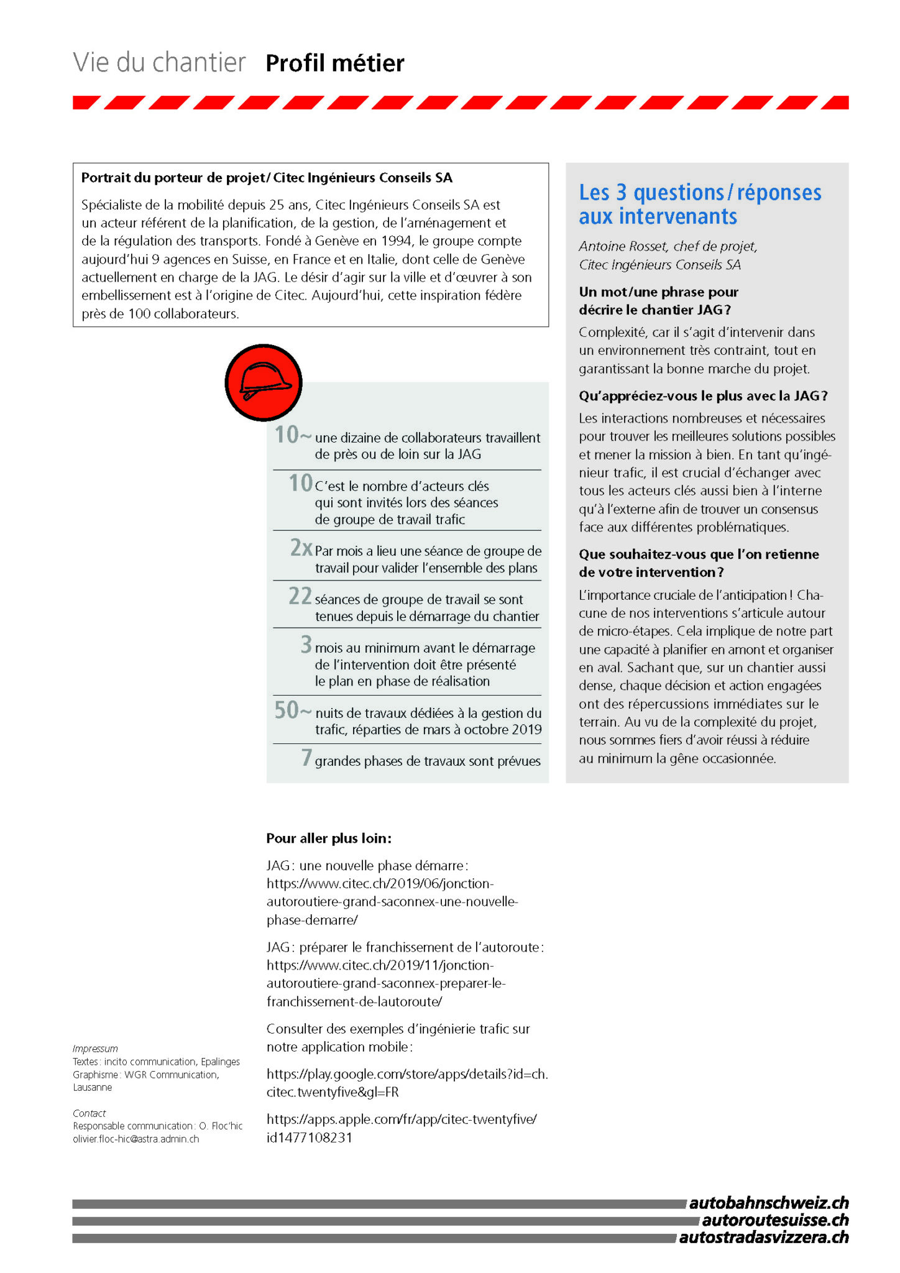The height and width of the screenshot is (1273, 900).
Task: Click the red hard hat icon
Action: coord(264,383)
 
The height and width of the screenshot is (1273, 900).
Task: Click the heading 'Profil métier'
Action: coord(334,63)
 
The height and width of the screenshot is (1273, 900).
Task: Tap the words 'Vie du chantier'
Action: coord(159,63)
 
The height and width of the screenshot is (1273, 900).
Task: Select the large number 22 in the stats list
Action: coord(300,596)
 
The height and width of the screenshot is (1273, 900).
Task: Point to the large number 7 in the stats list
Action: coord(306,757)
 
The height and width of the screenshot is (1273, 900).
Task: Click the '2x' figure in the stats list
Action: coord(301,548)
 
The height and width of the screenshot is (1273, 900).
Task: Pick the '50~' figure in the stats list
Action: coord(292,710)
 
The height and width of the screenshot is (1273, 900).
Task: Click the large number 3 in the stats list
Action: coord(306,644)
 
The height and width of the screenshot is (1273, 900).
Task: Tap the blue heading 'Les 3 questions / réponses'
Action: coord(700,193)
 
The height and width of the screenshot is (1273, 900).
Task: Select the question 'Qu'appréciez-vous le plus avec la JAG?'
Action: coord(703,396)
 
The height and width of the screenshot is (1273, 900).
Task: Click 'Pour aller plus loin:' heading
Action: coord(329,839)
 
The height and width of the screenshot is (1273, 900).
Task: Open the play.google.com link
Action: coord(407,1083)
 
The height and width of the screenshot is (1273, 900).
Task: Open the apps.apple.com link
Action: coord(402,1128)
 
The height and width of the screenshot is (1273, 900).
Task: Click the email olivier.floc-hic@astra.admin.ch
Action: coord(136,1139)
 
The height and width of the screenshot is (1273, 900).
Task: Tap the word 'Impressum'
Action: coord(95,1049)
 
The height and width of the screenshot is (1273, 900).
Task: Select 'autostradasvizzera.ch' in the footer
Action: coord(763,1238)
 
